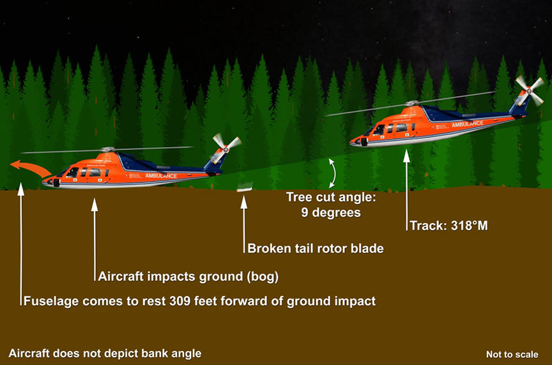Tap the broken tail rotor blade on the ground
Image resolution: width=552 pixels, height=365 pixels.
(x=245, y=187)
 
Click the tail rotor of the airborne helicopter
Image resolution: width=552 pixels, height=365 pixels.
(x=530, y=91)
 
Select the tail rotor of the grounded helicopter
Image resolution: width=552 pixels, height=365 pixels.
(x=226, y=147)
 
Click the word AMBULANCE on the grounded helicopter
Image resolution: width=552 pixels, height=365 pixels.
(x=161, y=176)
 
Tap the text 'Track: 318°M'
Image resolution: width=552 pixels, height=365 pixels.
(x=449, y=226)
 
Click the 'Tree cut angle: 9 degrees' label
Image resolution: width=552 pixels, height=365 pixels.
(x=331, y=205)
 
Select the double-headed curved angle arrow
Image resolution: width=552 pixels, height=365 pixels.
(x=333, y=173)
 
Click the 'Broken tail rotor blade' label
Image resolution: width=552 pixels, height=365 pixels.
(x=316, y=249)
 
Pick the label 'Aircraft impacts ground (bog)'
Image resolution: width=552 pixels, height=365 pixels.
(x=188, y=277)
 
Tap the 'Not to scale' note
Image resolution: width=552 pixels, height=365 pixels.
(x=512, y=354)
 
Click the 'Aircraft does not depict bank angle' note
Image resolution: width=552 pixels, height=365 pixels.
(x=105, y=353)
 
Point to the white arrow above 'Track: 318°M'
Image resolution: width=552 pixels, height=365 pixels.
(x=406, y=190)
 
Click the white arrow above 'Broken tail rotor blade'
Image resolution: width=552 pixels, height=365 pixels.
(x=243, y=224)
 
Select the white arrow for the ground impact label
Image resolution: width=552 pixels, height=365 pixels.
(x=95, y=240)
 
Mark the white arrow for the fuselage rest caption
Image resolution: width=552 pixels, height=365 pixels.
(x=21, y=244)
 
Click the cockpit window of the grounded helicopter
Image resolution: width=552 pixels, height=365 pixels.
(x=73, y=173)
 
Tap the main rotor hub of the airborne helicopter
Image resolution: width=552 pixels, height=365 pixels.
(x=412, y=103)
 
